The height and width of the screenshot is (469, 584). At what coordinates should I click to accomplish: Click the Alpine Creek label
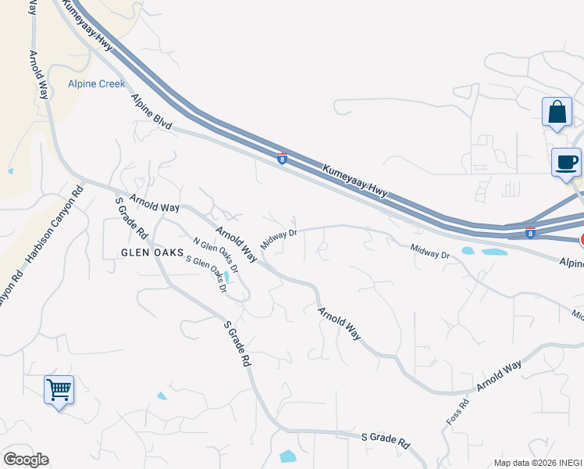coord(96,84)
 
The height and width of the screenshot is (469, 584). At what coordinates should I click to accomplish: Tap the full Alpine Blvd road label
coord(151,111)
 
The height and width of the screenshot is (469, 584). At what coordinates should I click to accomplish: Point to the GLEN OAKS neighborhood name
coord(151,252)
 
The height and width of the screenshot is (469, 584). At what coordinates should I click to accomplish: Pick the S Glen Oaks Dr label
coord(206,274)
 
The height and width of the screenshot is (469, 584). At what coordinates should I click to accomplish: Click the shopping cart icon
coord(59,389)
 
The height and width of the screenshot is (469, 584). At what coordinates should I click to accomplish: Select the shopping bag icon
coord(557,112)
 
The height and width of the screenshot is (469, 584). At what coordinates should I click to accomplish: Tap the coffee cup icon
coord(566,163)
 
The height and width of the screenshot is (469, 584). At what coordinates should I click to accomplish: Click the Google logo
coord(26,460)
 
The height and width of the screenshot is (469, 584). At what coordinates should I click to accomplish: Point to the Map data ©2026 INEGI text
coord(538,463)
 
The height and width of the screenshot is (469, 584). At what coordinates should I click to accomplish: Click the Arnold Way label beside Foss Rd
coord(500,376)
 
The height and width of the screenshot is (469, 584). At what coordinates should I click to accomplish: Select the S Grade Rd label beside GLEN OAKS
coord(131,217)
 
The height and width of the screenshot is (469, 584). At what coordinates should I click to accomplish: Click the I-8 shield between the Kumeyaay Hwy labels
coord(282,158)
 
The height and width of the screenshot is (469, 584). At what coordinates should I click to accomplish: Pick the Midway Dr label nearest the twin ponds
coord(430,251)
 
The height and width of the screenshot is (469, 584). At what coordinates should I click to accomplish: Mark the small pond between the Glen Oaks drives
coord(226,276)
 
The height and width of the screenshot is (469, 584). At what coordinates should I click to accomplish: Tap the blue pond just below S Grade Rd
coord(287,456)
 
